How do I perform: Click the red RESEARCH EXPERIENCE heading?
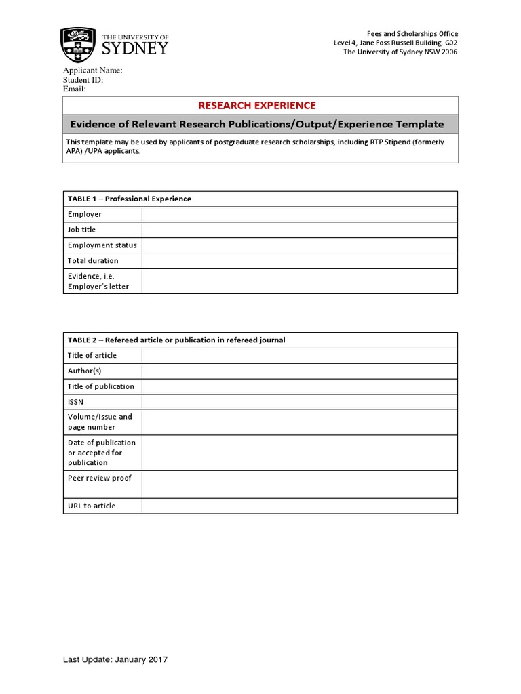[x=256, y=105]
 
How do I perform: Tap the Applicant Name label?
[x=92, y=70]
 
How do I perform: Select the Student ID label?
[x=83, y=79]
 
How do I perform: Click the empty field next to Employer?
[x=299, y=214]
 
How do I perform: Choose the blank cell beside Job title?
[x=299, y=230]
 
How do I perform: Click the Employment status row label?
[x=102, y=245]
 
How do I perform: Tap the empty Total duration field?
[x=299, y=261]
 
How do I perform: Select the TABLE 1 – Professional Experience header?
[x=130, y=199]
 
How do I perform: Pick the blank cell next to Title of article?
[x=299, y=356]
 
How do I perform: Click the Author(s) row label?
[x=84, y=371]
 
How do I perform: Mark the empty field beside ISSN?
[x=299, y=402]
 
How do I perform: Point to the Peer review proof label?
[x=99, y=478]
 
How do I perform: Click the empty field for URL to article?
[x=299, y=506]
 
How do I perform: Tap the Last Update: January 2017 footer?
[x=115, y=659]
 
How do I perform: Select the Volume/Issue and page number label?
[x=100, y=422]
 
